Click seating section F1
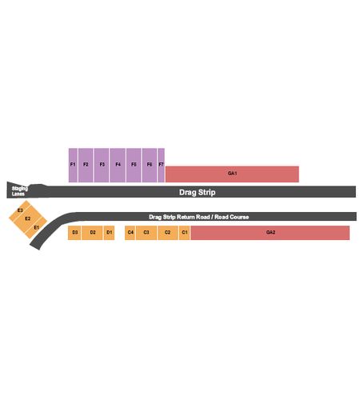click(x=73, y=165)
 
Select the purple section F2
click(x=86, y=165)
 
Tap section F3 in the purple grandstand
click(x=102, y=165)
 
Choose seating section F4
click(x=118, y=165)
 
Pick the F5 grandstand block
click(x=134, y=165)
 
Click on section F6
click(x=150, y=165)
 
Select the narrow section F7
click(x=161, y=165)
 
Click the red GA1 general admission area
click(x=232, y=174)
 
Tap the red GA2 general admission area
click(x=270, y=233)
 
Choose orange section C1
click(x=185, y=233)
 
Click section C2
click(x=167, y=233)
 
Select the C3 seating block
click(x=146, y=233)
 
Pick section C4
click(x=130, y=233)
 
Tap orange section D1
click(x=109, y=233)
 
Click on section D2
click(x=92, y=233)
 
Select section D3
click(x=74, y=233)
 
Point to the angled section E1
click(x=36, y=227)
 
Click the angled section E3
click(x=20, y=210)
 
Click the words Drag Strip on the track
click(x=198, y=192)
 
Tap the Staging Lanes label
click(x=19, y=191)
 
